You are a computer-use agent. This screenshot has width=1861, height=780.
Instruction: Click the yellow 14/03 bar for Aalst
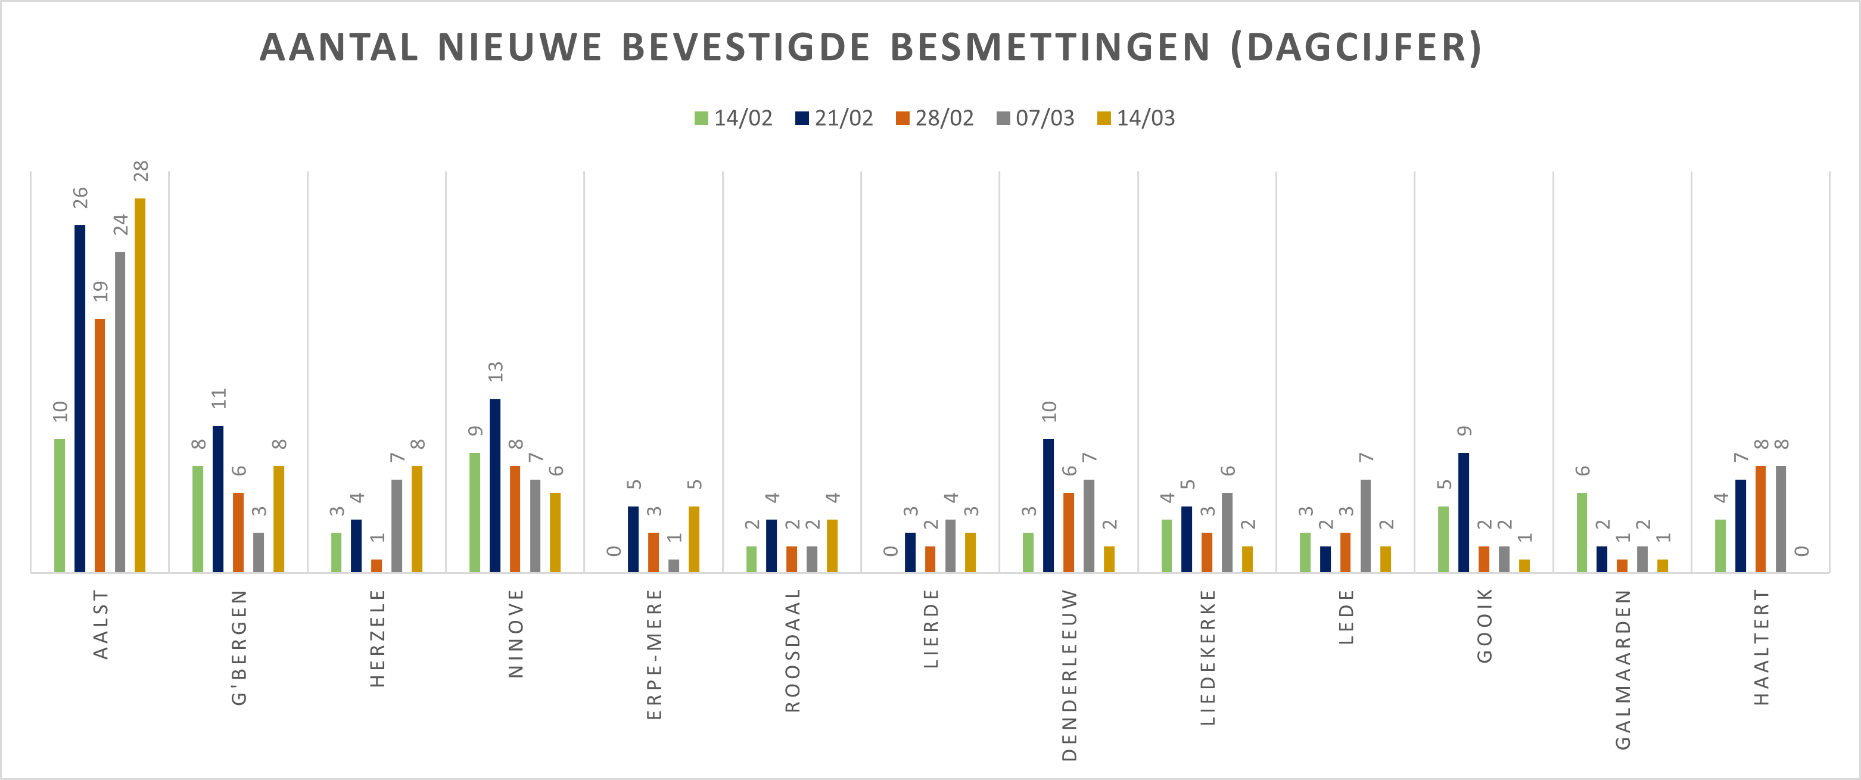pos(140,386)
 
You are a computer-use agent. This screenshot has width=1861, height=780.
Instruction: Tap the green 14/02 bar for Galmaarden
pos(1582,532)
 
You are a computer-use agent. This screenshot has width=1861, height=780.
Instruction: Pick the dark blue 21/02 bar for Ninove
pos(495,485)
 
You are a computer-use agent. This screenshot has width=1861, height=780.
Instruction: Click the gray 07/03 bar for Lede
pos(1365,526)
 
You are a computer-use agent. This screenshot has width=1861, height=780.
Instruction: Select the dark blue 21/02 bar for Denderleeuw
pos(1048,505)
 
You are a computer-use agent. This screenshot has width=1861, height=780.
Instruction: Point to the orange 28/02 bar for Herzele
pos(376,565)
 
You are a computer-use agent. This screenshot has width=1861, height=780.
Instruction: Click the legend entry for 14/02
pos(733,118)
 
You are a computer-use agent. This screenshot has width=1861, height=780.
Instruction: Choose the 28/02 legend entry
pos(935,118)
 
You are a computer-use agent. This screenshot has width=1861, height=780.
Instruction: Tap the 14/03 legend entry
pos(1137,118)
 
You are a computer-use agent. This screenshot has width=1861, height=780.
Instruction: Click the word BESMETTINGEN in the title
pos(1050,48)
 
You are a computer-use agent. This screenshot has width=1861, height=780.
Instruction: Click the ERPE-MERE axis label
pos(655,654)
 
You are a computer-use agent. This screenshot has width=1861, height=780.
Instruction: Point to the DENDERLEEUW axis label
pos(1069,675)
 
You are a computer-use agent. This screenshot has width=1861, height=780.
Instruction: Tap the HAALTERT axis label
pos(1762,647)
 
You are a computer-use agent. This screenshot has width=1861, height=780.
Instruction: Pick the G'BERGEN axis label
pos(239,647)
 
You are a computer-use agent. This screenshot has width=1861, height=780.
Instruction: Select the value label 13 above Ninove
pos(496,372)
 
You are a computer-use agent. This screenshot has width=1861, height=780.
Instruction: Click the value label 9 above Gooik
pos(1464,431)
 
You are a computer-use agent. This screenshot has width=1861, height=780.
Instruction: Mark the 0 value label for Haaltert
pos(1802,551)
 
